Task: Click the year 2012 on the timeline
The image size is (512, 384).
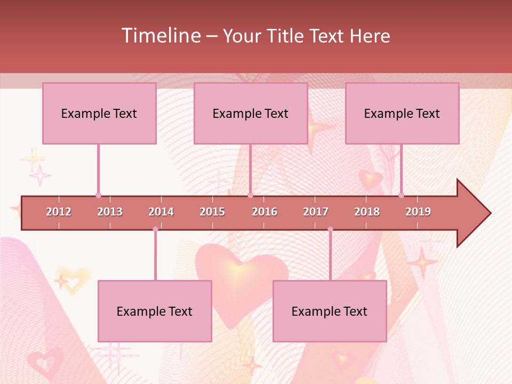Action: pyautogui.click(x=59, y=212)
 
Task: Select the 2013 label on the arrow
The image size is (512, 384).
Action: pyautogui.click(x=110, y=212)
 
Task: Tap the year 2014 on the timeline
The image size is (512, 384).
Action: pyautogui.click(x=161, y=212)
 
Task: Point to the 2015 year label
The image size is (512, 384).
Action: pyautogui.click(x=212, y=212)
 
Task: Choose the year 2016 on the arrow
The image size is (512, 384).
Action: pyautogui.click(x=265, y=212)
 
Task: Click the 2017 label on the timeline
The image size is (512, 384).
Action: pyautogui.click(x=316, y=212)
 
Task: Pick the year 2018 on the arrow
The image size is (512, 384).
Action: pyautogui.click(x=367, y=212)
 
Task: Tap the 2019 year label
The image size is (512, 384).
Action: pyautogui.click(x=418, y=212)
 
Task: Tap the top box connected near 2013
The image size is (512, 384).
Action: pyautogui.click(x=99, y=113)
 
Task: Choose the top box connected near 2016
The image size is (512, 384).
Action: pyautogui.click(x=251, y=113)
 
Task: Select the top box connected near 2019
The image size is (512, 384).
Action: pyautogui.click(x=402, y=113)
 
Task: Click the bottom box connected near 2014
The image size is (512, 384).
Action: pyautogui.click(x=155, y=311)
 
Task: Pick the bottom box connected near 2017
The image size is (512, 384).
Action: pyautogui.click(x=330, y=311)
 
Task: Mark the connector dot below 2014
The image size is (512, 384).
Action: pyautogui.click(x=155, y=229)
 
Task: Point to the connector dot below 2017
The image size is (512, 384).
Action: pyautogui.click(x=330, y=229)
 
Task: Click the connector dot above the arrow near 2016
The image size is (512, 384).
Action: pyautogui.click(x=250, y=195)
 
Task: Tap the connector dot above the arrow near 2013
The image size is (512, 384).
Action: pyautogui.click(x=98, y=195)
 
